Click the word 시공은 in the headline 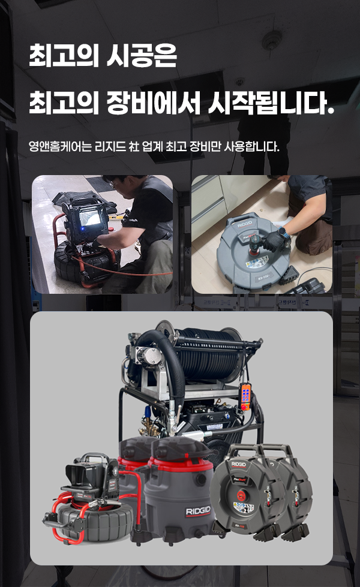tap(142, 56)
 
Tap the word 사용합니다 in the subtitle tap(251, 146)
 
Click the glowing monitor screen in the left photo tap(90, 217)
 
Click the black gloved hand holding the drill tap(273, 240)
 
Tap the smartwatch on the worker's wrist tap(283, 232)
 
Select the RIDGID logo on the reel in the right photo tap(245, 224)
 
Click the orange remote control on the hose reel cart tap(246, 396)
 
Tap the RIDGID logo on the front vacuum tap(198, 511)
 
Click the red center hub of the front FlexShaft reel tap(240, 496)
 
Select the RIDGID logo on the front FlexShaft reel tap(238, 465)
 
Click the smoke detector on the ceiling tap(272, 40)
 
